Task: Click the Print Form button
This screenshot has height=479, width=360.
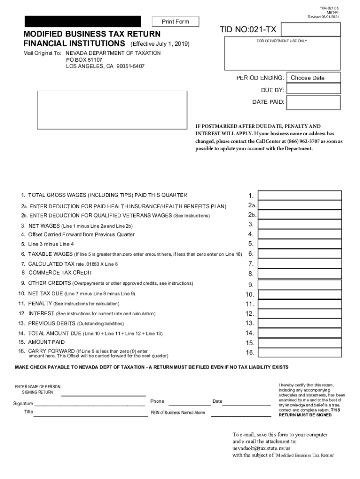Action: coord(175,22)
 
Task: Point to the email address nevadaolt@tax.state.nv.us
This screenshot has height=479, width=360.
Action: coord(261,448)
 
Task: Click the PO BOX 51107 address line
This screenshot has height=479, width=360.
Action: coord(84,60)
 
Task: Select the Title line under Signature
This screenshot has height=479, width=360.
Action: coord(89,414)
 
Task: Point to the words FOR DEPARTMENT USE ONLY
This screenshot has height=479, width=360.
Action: coord(282,41)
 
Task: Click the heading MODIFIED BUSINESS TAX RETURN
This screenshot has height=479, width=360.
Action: coord(92,34)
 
